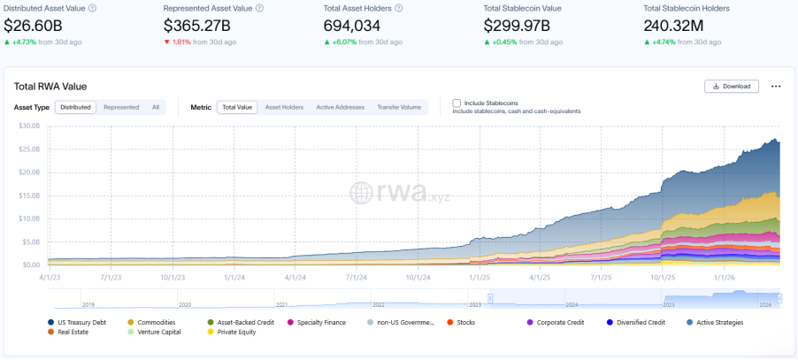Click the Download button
[x=731, y=86]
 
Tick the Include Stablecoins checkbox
[x=457, y=103]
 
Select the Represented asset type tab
[x=121, y=107]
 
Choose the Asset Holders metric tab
[x=284, y=107]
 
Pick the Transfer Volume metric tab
[x=399, y=107]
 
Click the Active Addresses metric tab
[x=340, y=107]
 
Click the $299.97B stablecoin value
[x=516, y=25]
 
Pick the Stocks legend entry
[x=465, y=322]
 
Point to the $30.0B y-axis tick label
[x=29, y=126]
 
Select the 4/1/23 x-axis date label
[x=49, y=276]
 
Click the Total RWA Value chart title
[x=50, y=86]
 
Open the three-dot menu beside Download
[x=776, y=86]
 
